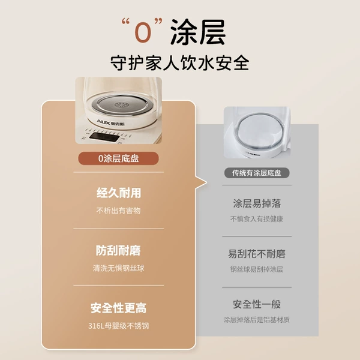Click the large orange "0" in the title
[x=143, y=32]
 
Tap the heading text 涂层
[x=198, y=32]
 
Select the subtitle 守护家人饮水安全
[x=180, y=62]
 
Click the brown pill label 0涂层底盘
[x=118, y=158]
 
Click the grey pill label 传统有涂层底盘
[x=257, y=173]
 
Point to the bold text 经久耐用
[x=119, y=193]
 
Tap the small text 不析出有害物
[x=118, y=211]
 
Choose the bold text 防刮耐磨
[x=118, y=250]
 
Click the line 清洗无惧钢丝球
[x=118, y=268]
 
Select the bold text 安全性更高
[x=118, y=308]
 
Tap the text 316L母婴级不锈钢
[x=118, y=326]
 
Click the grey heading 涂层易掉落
[x=257, y=203]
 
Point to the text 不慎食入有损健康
[x=257, y=219]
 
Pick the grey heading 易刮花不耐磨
[x=257, y=254]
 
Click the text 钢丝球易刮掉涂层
[x=257, y=269]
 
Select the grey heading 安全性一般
[x=257, y=304]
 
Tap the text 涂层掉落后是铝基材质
[x=257, y=320]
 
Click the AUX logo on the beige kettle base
[x=110, y=122]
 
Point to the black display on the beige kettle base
[x=104, y=137]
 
